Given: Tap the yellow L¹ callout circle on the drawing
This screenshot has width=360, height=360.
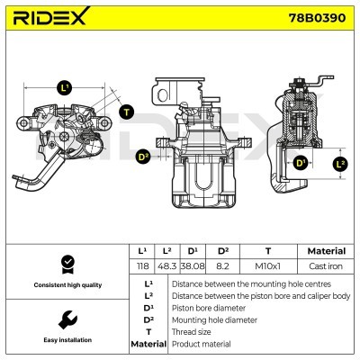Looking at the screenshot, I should [x=63, y=88].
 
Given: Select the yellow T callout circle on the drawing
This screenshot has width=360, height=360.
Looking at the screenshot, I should [x=126, y=112].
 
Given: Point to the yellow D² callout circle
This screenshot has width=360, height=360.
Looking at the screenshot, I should [x=142, y=157].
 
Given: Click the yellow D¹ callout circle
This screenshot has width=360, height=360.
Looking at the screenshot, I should [x=301, y=164].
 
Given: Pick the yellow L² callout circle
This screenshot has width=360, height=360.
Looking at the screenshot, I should [x=339, y=164].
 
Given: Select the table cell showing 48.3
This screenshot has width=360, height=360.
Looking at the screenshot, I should [x=166, y=267].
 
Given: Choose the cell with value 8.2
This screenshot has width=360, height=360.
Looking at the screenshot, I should [x=218, y=267].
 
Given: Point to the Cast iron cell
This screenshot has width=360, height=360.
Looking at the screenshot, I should [x=326, y=267].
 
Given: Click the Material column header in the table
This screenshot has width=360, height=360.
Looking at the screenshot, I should [x=326, y=251].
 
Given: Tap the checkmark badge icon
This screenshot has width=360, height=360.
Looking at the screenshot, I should [x=66, y=264].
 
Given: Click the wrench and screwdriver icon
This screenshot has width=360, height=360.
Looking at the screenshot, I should [x=66, y=319].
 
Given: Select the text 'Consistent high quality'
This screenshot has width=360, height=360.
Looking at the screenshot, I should [x=66, y=285].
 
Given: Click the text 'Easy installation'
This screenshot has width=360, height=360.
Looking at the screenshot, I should [x=66, y=340].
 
